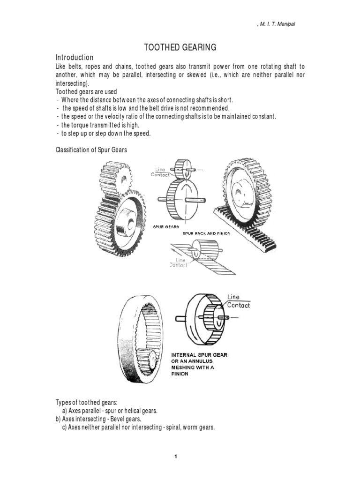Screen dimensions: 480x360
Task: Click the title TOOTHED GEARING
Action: [x=180, y=47]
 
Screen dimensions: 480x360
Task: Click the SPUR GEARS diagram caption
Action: [x=164, y=226]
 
